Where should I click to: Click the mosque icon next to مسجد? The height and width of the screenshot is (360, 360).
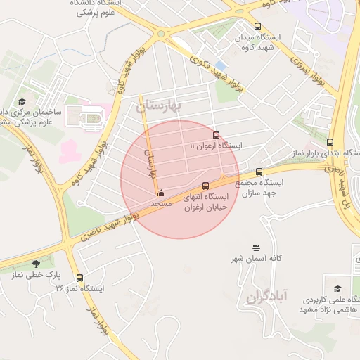(162, 192)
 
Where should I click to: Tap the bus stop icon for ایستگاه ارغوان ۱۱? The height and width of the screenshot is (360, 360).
(215, 136)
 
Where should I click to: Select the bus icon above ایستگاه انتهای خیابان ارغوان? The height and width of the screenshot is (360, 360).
(205, 186)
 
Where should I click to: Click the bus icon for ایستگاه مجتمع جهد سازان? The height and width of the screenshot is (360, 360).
(259, 172)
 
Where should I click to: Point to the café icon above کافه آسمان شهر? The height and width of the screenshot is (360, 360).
(257, 247)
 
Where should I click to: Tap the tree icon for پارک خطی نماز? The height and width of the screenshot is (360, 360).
(36, 264)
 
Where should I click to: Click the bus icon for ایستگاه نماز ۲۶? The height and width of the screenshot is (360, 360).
(79, 278)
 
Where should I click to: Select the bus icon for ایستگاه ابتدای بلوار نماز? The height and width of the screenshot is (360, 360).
(330, 143)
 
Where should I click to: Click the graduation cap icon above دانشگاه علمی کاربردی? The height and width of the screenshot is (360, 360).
(337, 288)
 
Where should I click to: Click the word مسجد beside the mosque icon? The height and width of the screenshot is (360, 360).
(162, 202)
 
